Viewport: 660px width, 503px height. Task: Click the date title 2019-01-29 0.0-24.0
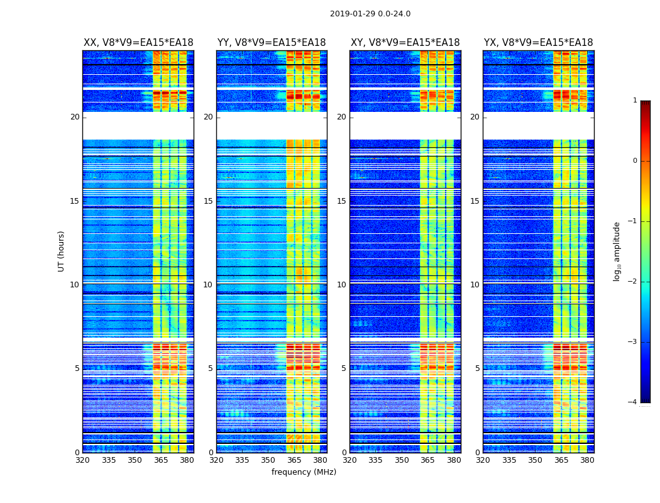370,14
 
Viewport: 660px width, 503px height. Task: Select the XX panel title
138,43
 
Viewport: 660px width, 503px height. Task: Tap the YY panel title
272,43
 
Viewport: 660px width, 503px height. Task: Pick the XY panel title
405,43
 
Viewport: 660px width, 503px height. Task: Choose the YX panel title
538,43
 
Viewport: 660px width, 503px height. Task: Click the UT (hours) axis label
62,251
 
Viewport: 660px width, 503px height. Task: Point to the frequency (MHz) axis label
304,472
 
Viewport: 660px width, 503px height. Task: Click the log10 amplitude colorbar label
617,251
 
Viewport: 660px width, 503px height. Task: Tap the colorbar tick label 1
634,101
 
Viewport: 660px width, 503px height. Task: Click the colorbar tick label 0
634,161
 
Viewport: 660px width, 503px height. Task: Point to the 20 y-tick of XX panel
75,117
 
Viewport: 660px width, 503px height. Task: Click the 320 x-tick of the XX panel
82,460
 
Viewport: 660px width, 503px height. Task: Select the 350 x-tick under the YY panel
268,460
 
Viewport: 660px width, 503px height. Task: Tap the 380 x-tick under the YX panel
587,460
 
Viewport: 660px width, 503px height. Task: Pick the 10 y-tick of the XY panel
341,285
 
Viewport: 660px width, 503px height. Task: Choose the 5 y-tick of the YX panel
477,368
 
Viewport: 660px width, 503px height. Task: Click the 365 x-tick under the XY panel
427,460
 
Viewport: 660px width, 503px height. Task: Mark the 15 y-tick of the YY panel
208,201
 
